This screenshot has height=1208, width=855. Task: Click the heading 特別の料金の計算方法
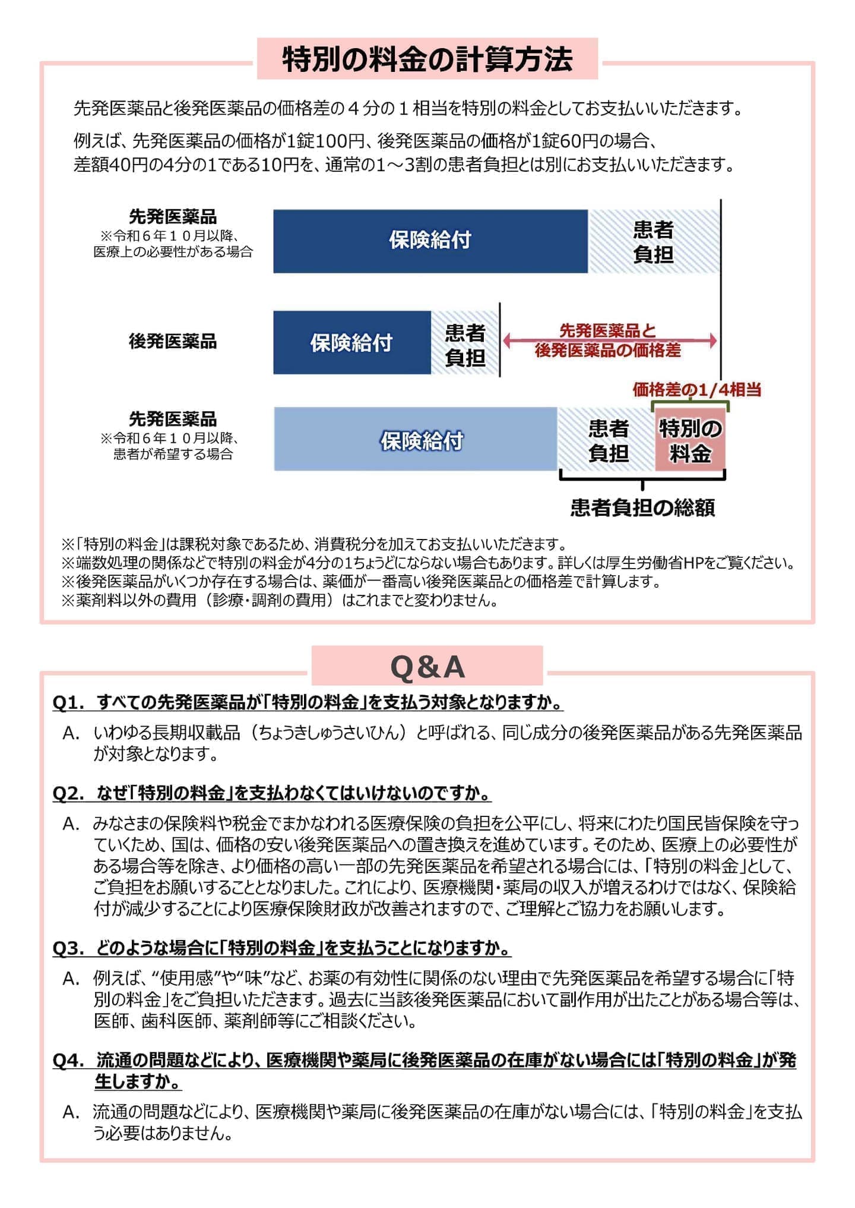[427, 59]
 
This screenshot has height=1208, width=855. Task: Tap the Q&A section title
[427, 667]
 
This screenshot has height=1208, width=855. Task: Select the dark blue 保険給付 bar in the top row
[430, 241]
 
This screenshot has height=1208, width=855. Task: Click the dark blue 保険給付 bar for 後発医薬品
[351, 343]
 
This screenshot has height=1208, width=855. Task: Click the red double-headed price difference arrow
[610, 341]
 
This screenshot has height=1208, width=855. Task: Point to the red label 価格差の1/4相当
[696, 390]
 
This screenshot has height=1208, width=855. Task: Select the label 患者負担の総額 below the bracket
[642, 507]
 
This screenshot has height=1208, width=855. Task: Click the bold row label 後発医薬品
[173, 342]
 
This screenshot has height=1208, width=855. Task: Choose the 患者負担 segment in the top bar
[653, 241]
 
